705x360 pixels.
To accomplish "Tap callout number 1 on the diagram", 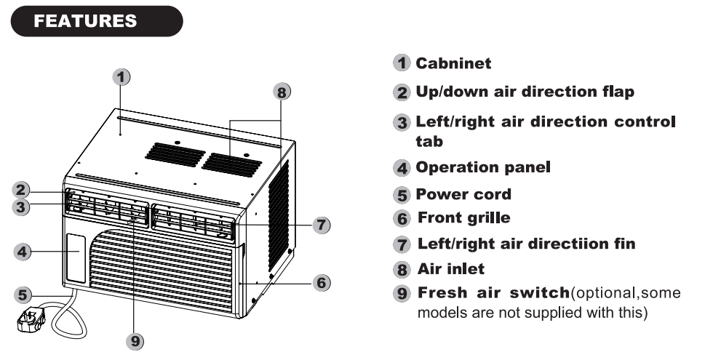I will tap(122, 75).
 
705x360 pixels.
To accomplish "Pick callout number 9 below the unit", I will tap(133, 338).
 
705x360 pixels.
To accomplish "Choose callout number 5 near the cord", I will tap(24, 295).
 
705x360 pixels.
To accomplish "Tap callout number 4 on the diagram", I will tap(23, 252).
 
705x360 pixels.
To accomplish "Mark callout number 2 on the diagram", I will tap(23, 191).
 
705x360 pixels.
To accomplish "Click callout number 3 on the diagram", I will tap(23, 207).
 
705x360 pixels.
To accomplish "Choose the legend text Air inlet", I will tap(450, 269).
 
